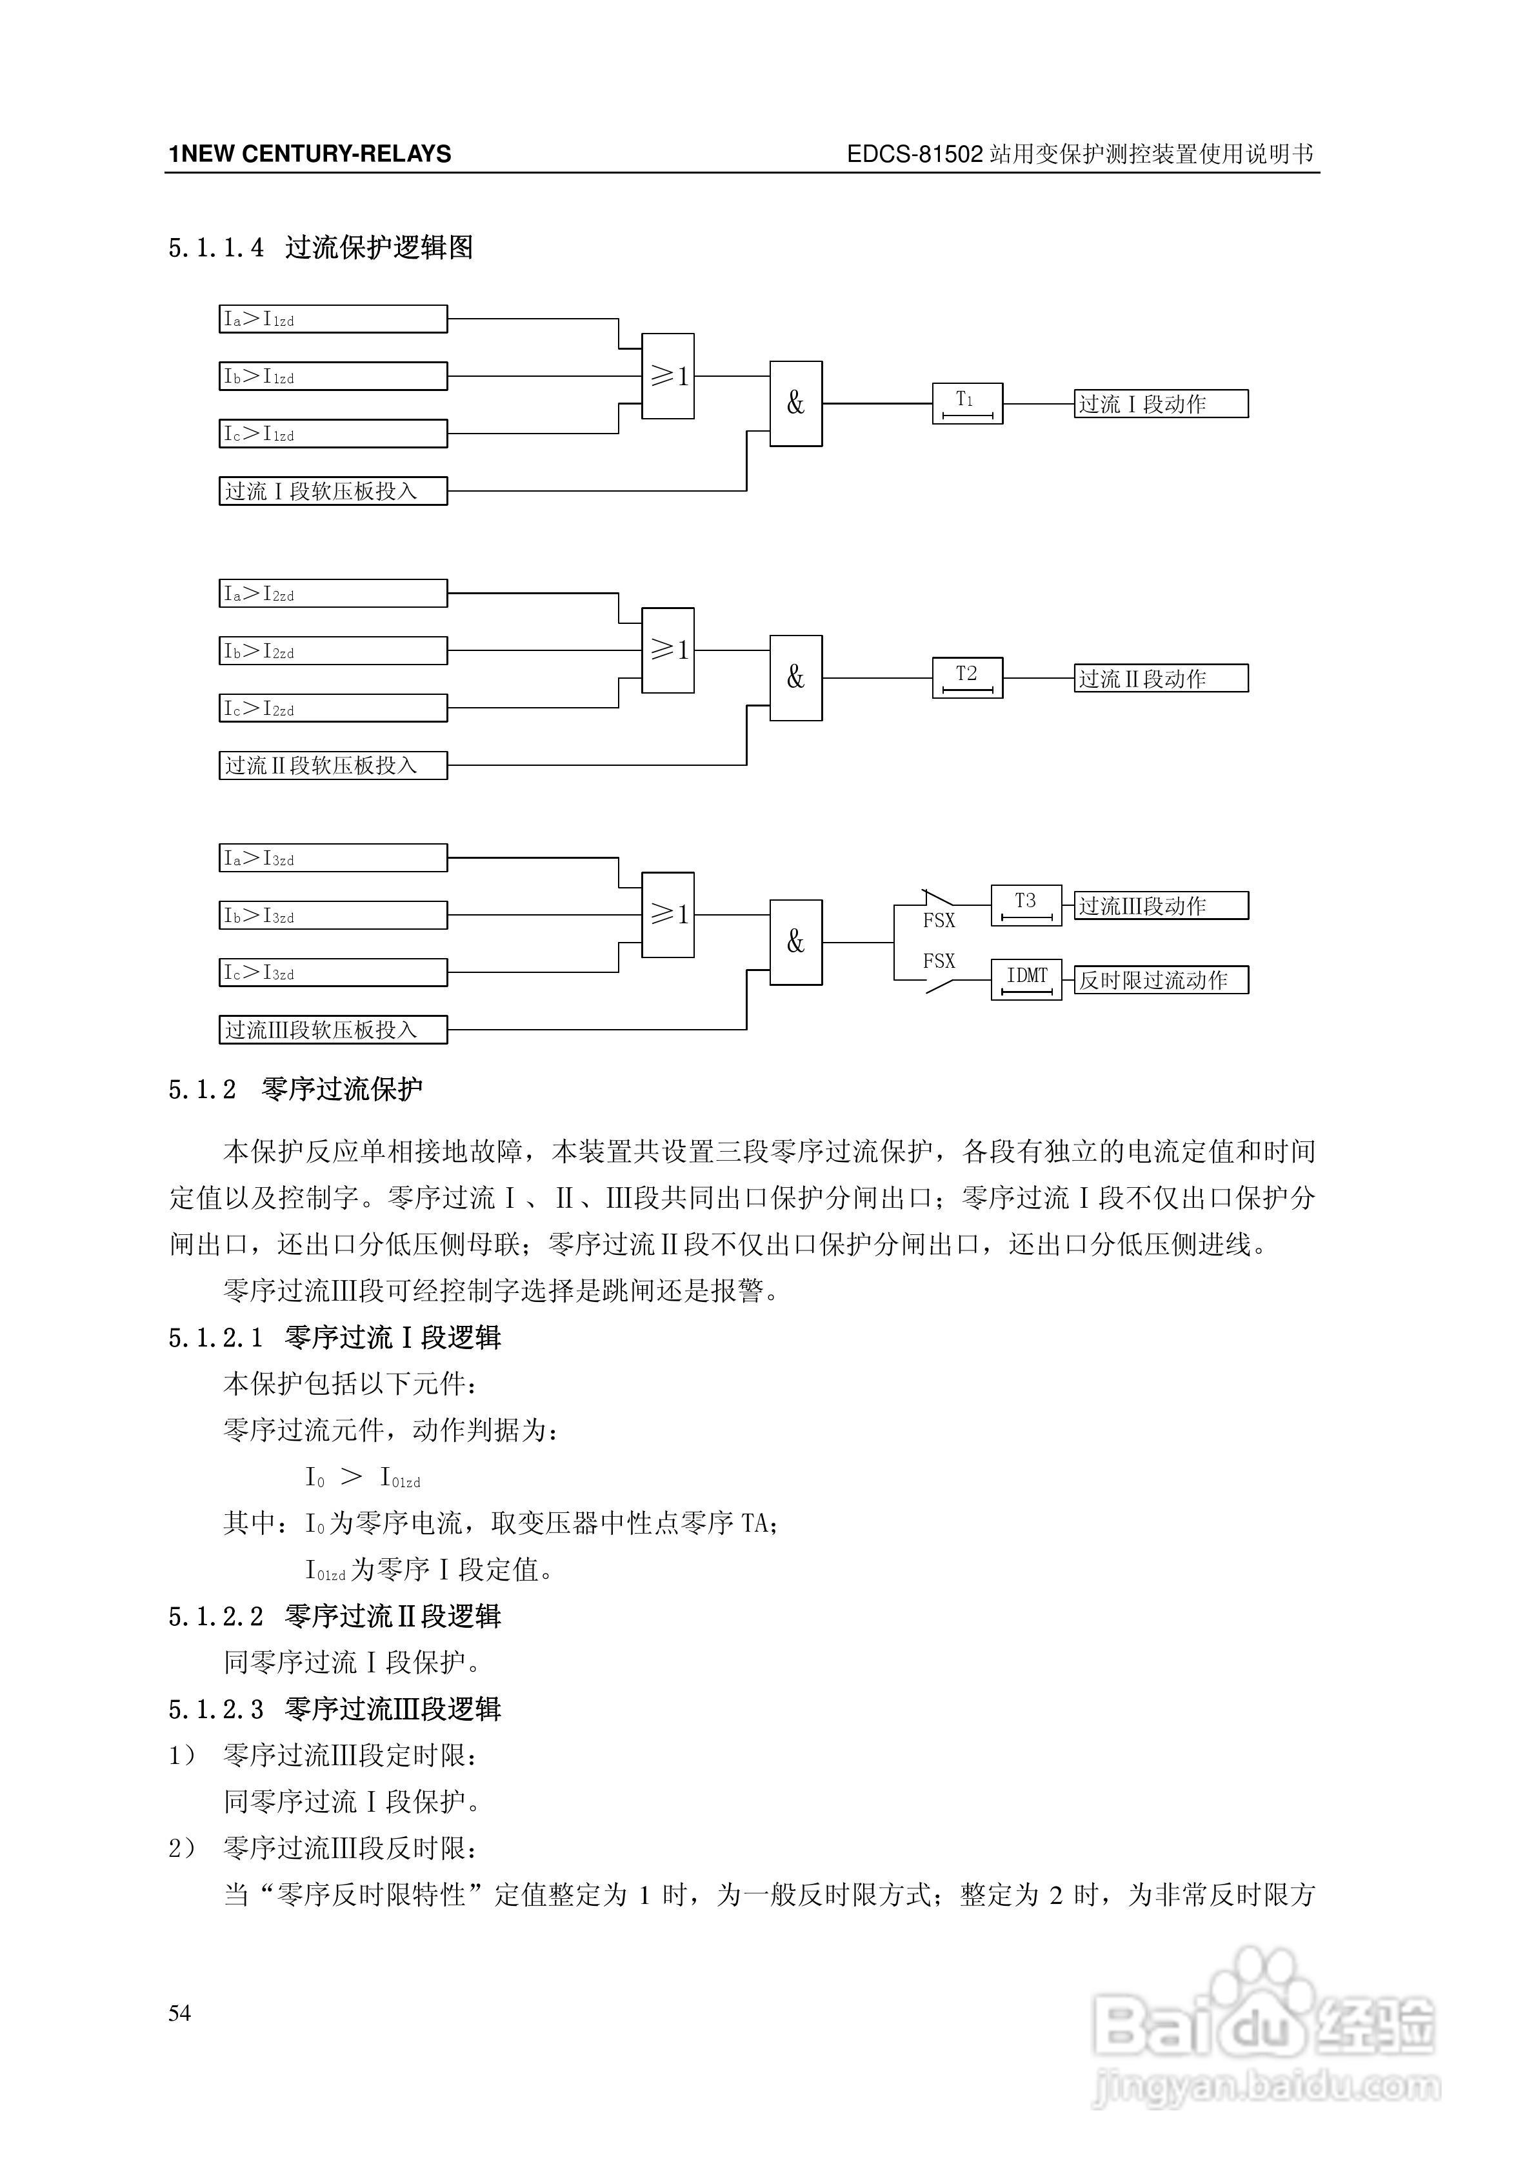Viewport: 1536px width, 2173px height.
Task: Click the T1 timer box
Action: point(966,403)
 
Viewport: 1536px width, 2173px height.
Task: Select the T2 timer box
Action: point(966,677)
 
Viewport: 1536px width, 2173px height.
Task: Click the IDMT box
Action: point(1026,979)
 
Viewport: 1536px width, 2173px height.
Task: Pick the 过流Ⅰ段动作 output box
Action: point(1161,404)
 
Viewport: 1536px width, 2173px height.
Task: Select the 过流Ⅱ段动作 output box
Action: point(1161,679)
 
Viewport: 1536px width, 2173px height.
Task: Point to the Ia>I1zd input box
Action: point(332,319)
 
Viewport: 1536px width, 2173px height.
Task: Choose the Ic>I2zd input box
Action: point(332,708)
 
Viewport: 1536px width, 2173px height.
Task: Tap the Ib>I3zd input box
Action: point(332,915)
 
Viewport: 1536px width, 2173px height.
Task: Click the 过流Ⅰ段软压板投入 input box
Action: point(332,491)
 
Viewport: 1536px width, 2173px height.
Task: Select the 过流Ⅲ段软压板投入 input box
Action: point(332,1030)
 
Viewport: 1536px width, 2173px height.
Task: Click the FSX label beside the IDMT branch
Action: point(939,961)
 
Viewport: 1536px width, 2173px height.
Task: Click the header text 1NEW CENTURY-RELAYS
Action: point(310,154)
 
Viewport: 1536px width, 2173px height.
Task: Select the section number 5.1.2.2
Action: point(215,1616)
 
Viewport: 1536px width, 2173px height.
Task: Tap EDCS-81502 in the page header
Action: point(914,154)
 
